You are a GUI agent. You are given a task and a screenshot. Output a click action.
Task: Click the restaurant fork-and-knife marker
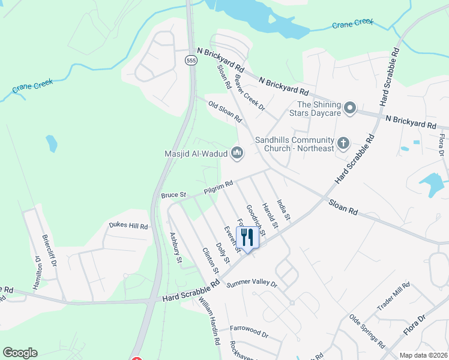point(247,236)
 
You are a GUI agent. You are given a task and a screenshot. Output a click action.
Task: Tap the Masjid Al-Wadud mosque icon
point(237,154)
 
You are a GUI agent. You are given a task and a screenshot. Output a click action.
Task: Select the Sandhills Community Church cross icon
point(343,143)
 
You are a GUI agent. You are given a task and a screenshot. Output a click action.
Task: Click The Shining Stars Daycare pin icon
point(351,109)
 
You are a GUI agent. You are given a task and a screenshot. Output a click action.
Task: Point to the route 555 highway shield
point(191,61)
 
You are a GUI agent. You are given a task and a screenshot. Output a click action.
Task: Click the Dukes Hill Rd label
point(128,226)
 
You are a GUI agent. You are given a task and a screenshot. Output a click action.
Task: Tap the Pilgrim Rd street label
point(218,187)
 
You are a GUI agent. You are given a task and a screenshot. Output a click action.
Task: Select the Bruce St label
point(174,195)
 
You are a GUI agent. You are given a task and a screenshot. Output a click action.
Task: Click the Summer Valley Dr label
point(252,283)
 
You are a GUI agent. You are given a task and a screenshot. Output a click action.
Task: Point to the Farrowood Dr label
point(249,329)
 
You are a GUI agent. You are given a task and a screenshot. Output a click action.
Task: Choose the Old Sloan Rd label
point(224,112)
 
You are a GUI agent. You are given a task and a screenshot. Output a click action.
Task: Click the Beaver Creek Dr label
point(250,92)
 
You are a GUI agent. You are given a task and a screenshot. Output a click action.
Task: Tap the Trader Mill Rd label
point(393,296)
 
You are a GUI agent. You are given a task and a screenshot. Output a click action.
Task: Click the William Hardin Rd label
point(208,322)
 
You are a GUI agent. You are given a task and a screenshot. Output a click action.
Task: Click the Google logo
point(20,353)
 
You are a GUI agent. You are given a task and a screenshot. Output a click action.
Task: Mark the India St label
point(283,208)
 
